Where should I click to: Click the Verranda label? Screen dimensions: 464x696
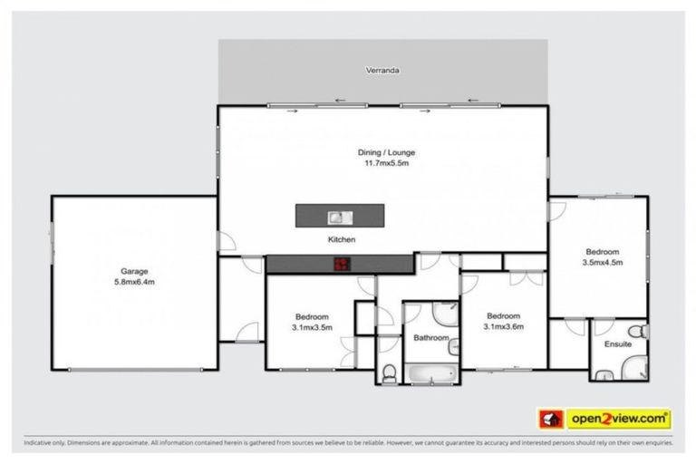(382, 70)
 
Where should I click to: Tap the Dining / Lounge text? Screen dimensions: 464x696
(386, 152)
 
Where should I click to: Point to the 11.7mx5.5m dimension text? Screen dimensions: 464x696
(386, 164)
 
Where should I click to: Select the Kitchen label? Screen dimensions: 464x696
(341, 239)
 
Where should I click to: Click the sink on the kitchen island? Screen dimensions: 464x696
(340, 217)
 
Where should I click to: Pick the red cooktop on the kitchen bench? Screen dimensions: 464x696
(341, 264)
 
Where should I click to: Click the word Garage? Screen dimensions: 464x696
(134, 271)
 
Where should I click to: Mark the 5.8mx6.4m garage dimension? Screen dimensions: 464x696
(134, 282)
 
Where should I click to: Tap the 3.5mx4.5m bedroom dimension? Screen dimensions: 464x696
(602, 263)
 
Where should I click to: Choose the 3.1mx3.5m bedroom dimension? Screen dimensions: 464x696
(312, 327)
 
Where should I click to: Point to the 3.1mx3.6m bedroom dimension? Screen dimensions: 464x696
(504, 327)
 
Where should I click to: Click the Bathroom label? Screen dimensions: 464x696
(430, 338)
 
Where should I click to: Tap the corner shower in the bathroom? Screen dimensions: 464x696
(446, 313)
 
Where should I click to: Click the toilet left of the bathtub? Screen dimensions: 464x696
(388, 372)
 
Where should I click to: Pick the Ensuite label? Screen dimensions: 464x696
(617, 344)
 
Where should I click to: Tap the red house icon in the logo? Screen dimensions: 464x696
(550, 420)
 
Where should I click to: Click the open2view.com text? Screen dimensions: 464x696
(619, 420)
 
